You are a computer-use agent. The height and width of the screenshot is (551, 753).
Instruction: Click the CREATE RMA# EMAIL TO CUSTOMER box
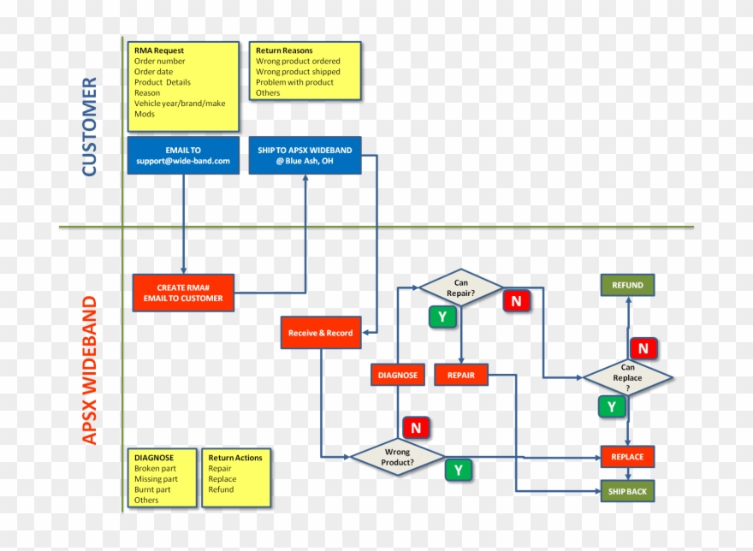(x=183, y=293)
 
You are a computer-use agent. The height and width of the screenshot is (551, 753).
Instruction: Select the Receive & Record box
(x=321, y=333)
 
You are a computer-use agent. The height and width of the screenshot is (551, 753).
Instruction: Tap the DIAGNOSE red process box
(x=398, y=375)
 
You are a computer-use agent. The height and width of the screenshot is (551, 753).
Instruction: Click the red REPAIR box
(x=461, y=375)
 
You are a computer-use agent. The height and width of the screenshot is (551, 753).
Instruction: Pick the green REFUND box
(x=627, y=285)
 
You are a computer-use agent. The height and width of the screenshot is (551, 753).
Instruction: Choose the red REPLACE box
(x=627, y=457)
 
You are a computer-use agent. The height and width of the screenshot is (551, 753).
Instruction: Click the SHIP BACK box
(x=627, y=491)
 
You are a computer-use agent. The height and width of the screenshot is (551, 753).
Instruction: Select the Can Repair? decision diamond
(x=461, y=288)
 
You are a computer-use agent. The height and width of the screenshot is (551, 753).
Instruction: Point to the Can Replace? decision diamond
(x=627, y=377)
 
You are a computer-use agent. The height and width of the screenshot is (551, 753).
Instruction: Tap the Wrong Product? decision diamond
(x=398, y=457)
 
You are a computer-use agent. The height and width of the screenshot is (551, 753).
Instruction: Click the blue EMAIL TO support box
(x=183, y=155)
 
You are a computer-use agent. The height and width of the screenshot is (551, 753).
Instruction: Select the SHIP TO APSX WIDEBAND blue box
(x=305, y=155)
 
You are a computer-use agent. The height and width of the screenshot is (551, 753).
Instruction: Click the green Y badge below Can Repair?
(x=442, y=317)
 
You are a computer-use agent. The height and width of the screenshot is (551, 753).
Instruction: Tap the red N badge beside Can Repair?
(x=516, y=301)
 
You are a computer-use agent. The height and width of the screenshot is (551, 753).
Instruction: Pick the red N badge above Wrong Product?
(x=416, y=428)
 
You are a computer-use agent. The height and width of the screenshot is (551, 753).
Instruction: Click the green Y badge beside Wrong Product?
(x=458, y=470)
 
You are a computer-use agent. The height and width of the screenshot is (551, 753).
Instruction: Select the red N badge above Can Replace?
(x=643, y=348)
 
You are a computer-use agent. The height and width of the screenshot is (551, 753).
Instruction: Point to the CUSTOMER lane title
(x=89, y=127)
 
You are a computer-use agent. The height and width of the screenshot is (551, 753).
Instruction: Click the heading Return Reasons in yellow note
(x=284, y=50)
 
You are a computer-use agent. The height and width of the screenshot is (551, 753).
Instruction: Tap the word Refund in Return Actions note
(x=222, y=489)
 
